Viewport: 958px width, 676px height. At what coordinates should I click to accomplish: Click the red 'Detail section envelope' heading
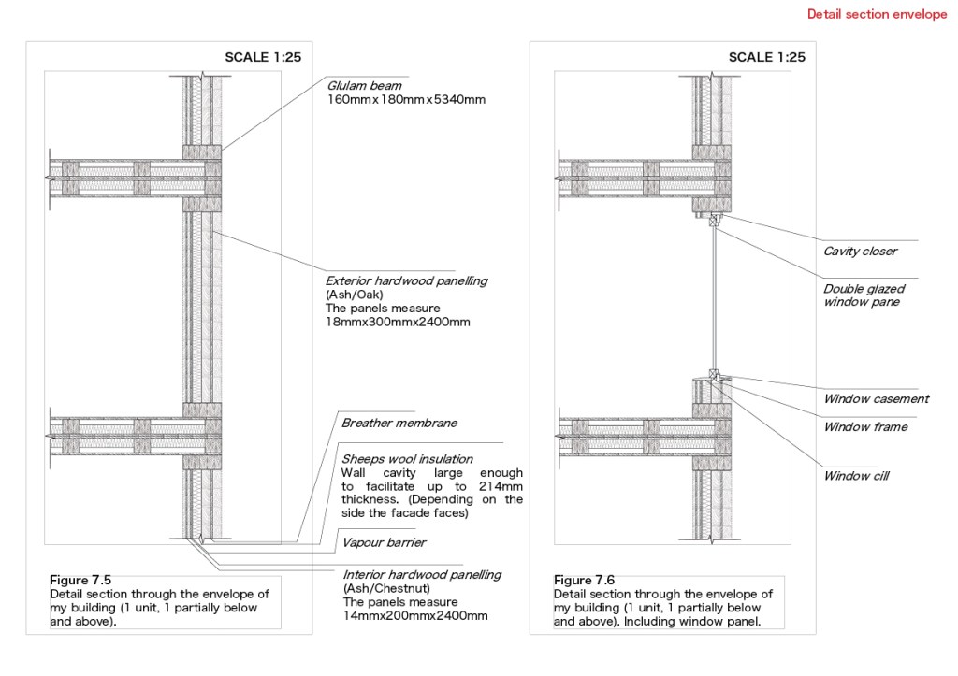[877, 14]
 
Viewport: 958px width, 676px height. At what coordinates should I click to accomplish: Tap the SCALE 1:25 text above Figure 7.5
[263, 57]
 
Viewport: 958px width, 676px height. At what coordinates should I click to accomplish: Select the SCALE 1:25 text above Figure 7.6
[767, 57]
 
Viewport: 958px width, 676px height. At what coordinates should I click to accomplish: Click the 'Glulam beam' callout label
[364, 86]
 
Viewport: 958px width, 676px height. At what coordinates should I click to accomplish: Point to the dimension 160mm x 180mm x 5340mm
[406, 99]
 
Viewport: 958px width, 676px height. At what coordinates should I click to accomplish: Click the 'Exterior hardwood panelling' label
[406, 280]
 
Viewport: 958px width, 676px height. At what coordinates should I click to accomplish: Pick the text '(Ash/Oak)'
[355, 295]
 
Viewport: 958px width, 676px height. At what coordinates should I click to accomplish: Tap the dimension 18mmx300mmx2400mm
[398, 322]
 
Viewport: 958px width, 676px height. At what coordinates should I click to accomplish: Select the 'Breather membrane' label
[399, 424]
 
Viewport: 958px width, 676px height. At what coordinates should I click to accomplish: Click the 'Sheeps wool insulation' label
[407, 459]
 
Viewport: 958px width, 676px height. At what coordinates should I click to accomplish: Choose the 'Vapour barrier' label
[384, 543]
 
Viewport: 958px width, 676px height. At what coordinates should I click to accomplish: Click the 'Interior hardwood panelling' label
[422, 575]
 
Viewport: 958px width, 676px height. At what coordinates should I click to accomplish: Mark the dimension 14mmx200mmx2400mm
[415, 615]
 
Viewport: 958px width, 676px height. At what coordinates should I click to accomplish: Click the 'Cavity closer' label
[861, 251]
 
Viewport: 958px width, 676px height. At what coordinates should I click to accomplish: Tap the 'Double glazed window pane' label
[864, 295]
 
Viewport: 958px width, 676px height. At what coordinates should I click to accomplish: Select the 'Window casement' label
[876, 399]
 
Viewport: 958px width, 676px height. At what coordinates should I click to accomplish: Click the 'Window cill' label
[856, 476]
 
